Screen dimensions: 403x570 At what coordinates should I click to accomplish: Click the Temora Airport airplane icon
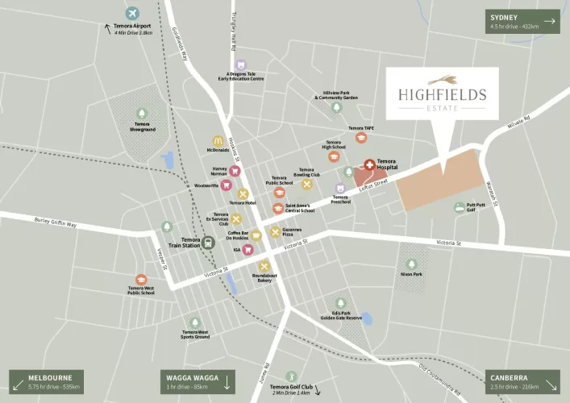(x=133, y=13)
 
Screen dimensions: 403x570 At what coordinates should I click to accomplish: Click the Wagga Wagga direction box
(x=199, y=381)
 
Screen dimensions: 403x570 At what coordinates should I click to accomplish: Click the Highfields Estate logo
(x=442, y=93)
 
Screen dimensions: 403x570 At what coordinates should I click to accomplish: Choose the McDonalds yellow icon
(x=218, y=140)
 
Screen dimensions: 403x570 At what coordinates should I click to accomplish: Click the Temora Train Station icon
(x=209, y=241)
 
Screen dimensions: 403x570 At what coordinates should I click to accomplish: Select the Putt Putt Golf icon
(x=459, y=207)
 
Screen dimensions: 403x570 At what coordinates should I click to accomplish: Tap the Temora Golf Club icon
(x=291, y=376)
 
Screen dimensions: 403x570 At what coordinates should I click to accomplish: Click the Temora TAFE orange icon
(x=360, y=137)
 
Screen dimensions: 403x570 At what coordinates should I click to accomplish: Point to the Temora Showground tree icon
(x=142, y=114)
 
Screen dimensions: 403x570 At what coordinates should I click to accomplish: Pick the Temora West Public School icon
(x=141, y=278)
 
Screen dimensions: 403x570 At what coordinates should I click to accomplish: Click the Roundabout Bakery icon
(x=264, y=266)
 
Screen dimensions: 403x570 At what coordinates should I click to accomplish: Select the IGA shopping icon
(x=248, y=250)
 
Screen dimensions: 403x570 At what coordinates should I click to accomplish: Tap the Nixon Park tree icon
(x=411, y=264)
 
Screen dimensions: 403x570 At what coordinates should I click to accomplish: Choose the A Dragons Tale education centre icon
(x=240, y=65)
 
